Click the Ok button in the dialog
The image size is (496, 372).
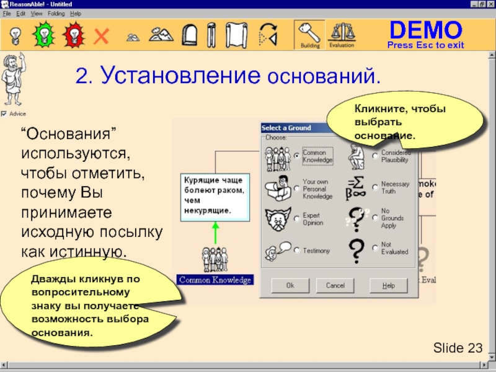pyautogui.click(x=290, y=285)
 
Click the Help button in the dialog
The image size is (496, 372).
pyautogui.click(x=388, y=285)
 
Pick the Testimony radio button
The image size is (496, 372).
pyautogui.click(x=298, y=250)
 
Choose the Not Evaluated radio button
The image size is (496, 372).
pyautogui.click(x=375, y=248)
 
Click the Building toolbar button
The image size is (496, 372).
pyautogui.click(x=309, y=35)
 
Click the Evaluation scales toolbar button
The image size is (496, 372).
pyautogui.click(x=342, y=35)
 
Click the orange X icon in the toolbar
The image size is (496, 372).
pyautogui.click(x=100, y=36)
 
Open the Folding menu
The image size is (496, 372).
pyautogui.click(x=56, y=13)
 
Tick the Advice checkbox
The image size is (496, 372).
pyautogui.click(x=4, y=114)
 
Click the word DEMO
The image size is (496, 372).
pyautogui.click(x=425, y=30)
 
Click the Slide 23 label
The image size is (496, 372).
pyautogui.click(x=458, y=348)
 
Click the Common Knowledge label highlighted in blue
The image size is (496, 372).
pyautogui.click(x=215, y=280)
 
